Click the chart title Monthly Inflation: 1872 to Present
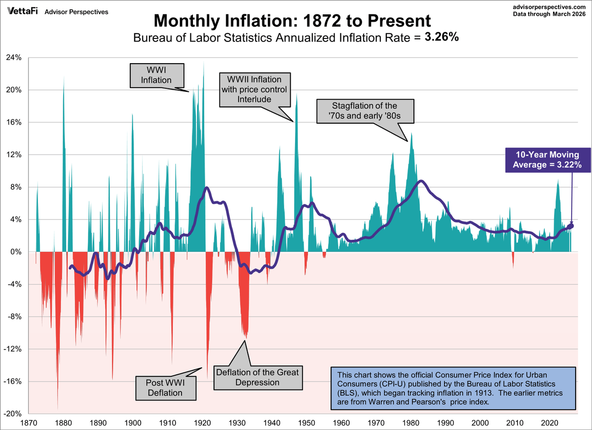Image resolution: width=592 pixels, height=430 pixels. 293,21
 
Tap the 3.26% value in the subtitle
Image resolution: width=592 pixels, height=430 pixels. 442,37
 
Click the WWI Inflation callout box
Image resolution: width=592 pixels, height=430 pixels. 156,75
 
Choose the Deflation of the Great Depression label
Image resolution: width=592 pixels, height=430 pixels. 257,377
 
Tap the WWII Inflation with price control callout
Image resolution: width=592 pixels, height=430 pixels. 254,90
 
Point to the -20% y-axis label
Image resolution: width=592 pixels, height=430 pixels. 13,414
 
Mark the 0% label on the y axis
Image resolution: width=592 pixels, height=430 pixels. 16,251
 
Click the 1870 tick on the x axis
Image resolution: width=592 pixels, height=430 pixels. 29,423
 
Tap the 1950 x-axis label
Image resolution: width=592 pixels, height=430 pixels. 307,423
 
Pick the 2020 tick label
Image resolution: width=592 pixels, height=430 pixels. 551,423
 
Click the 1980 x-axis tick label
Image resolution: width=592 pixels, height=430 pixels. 411,423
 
